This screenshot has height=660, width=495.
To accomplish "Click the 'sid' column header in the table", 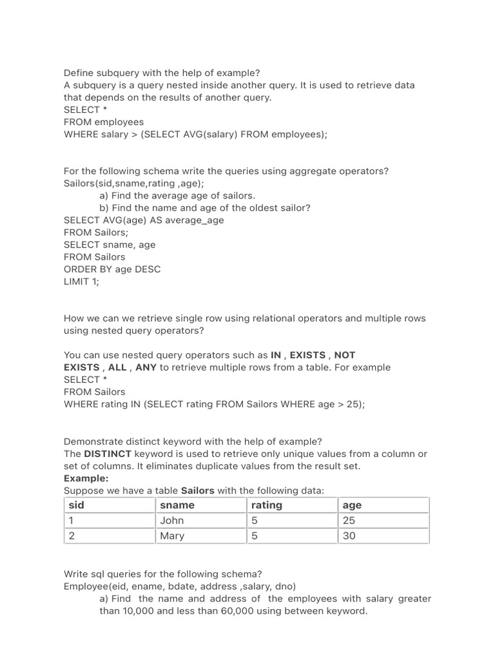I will coord(77,505).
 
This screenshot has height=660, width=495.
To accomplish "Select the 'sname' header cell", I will coord(177,505).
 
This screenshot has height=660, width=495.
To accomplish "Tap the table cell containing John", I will coord(172,520).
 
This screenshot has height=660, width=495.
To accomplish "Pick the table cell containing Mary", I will coord(172,536).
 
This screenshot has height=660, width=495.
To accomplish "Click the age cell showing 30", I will coord(349,536).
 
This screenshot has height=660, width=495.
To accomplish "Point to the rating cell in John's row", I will coord(255,520).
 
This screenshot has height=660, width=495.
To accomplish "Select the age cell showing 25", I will coord(349,520).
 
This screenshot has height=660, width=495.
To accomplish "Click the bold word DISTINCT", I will coord(108,454).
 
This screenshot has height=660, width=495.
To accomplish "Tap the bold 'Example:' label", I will coord(86,478).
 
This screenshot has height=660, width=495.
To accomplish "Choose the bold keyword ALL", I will coord(117,367).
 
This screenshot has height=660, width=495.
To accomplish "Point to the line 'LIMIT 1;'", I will coord(82,282).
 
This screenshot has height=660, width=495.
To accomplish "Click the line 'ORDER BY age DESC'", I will coord(112,269).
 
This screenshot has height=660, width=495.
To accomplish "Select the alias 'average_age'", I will coord(195,220).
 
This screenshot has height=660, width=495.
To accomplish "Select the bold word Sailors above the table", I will coord(197,490).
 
